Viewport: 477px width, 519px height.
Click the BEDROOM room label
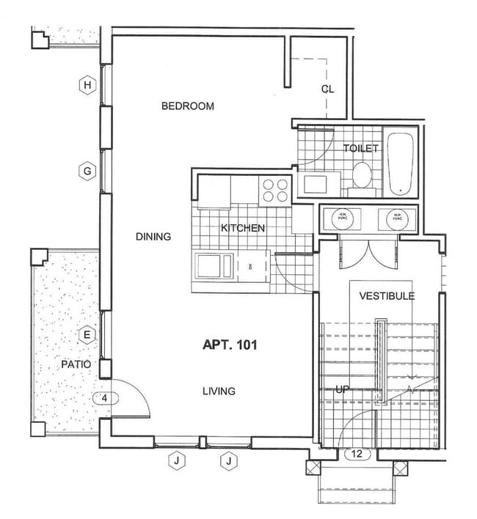(x=188, y=106)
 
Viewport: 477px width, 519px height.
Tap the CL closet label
(x=327, y=89)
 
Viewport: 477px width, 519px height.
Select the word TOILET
(x=361, y=149)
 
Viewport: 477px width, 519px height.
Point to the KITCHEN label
(x=243, y=229)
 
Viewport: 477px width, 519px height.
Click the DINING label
(x=153, y=237)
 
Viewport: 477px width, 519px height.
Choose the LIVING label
(x=219, y=391)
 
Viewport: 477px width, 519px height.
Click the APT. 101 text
(x=230, y=343)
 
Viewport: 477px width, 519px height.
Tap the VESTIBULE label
(x=387, y=296)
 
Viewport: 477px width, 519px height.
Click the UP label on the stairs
(x=341, y=389)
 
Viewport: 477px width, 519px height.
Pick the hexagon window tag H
(x=87, y=85)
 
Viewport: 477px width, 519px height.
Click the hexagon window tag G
(x=87, y=172)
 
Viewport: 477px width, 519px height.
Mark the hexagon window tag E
(x=87, y=336)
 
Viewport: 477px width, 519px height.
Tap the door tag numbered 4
(x=106, y=399)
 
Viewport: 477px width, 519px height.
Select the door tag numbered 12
(x=357, y=454)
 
